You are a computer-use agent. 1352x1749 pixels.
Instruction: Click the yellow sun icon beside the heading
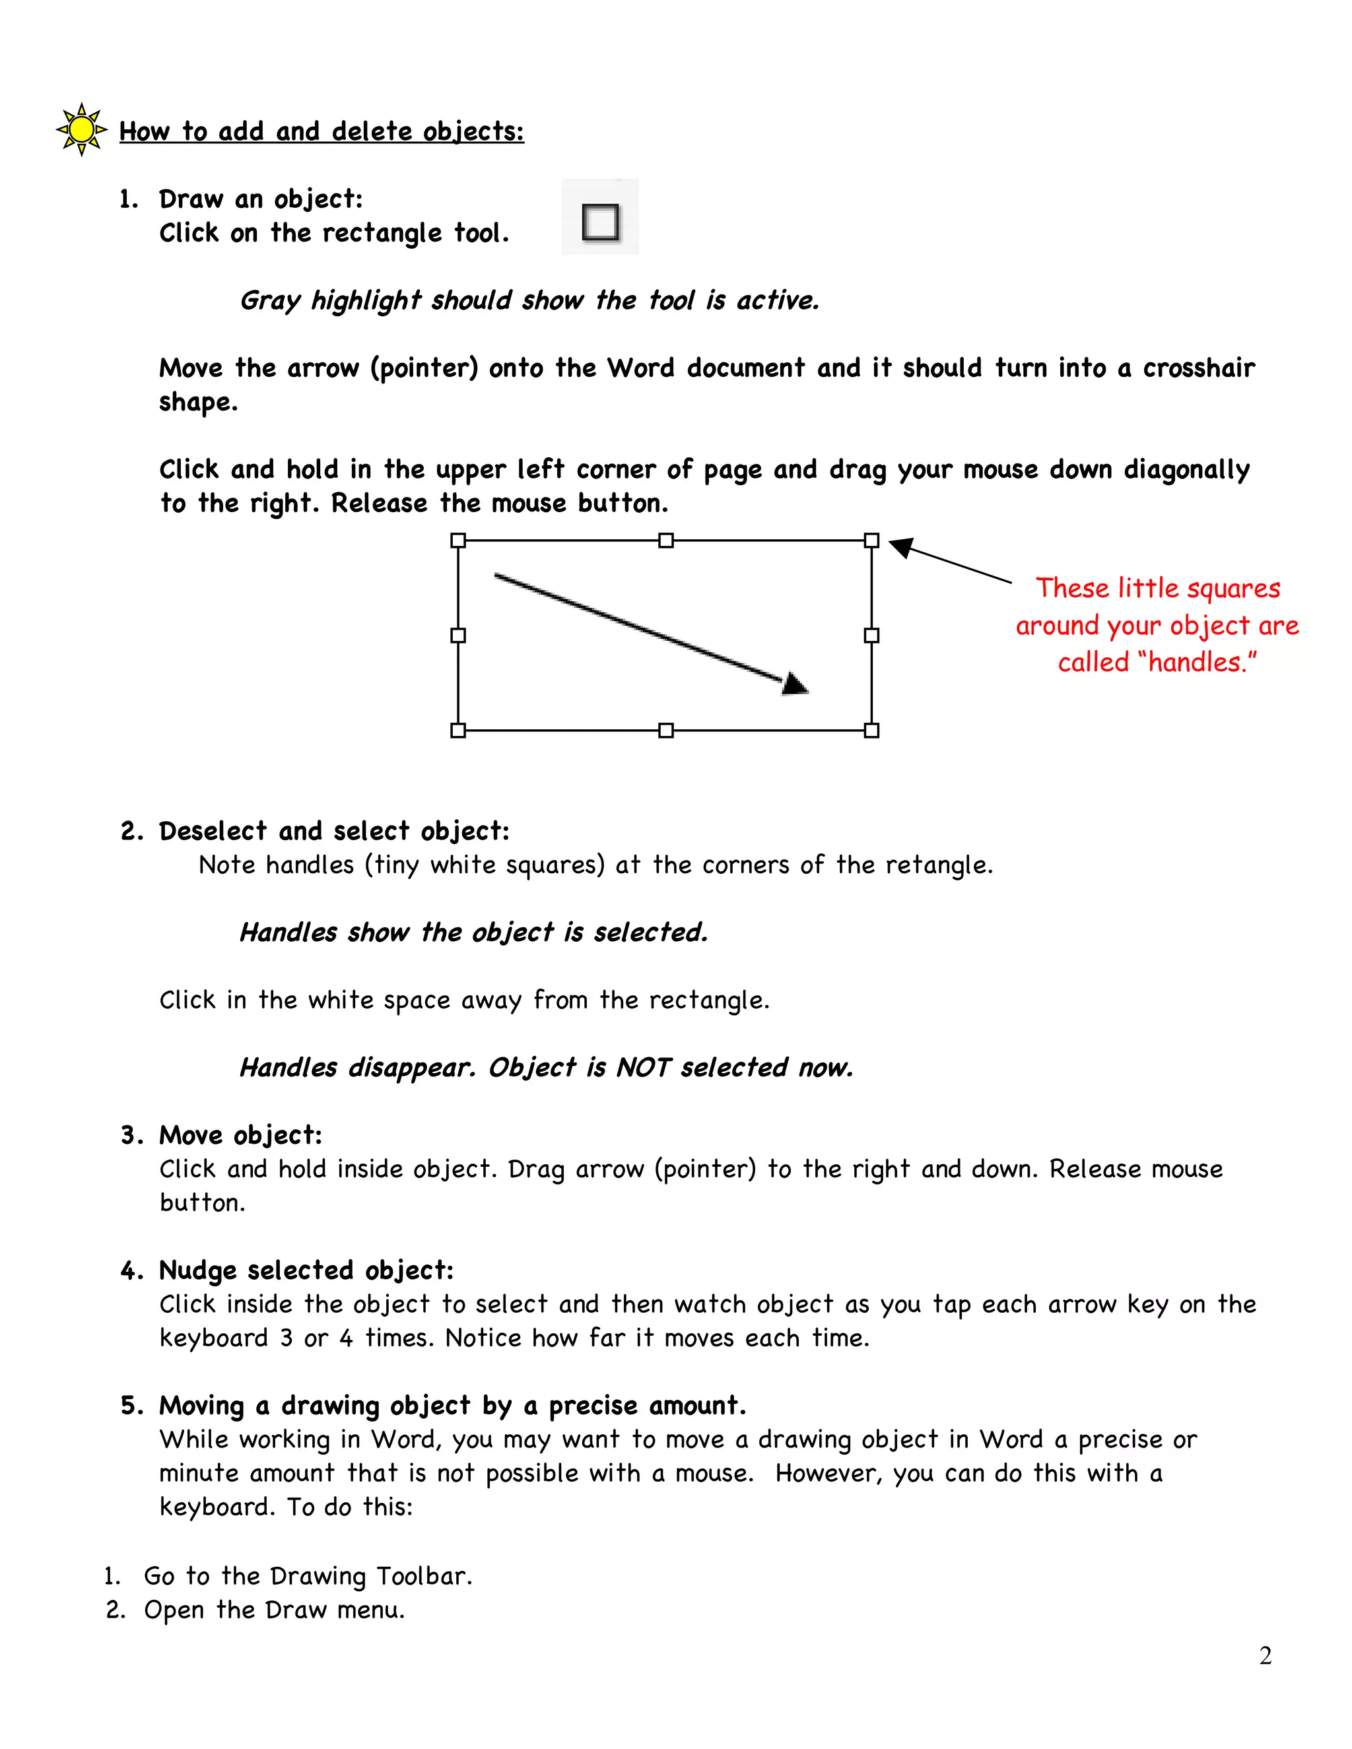pyautogui.click(x=81, y=129)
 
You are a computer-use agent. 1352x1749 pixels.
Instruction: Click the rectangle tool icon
pyautogui.click(x=601, y=221)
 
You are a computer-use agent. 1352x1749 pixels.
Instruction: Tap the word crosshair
pyautogui.click(x=1198, y=368)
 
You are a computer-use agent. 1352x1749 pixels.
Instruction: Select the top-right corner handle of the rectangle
pyautogui.click(x=871, y=541)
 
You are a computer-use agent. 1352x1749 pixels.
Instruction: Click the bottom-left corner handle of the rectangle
pyautogui.click(x=458, y=731)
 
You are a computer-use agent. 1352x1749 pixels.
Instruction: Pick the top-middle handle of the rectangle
pyautogui.click(x=665, y=541)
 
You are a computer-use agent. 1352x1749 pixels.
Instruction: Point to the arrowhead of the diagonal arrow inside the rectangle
pyautogui.click(x=795, y=684)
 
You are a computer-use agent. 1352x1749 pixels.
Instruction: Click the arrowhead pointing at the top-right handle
pyautogui.click(x=902, y=547)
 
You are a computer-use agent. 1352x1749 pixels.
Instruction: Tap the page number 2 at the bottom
pyautogui.click(x=1266, y=1655)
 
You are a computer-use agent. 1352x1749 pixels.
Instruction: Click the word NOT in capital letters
pyautogui.click(x=642, y=1067)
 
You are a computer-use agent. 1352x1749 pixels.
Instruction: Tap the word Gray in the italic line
pyautogui.click(x=270, y=301)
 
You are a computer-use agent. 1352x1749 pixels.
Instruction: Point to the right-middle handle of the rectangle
pyautogui.click(x=871, y=635)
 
